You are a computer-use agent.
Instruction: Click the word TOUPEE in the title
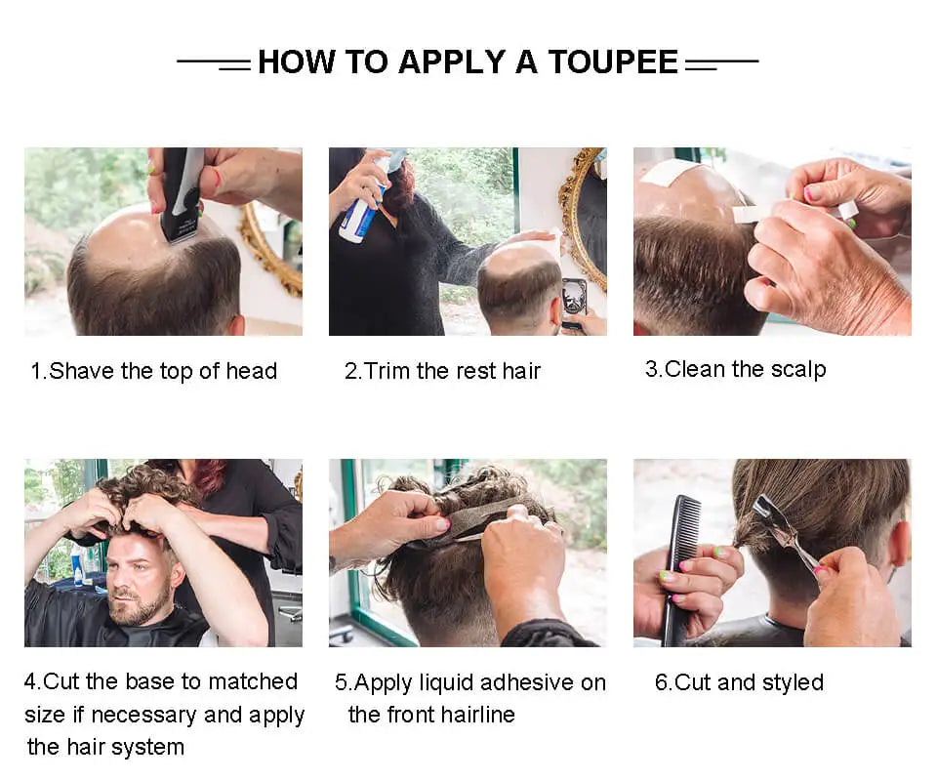[613, 62]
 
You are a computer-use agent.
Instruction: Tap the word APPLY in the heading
[452, 62]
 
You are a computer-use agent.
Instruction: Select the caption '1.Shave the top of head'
[153, 371]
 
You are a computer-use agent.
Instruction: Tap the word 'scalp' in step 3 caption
[798, 370]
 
